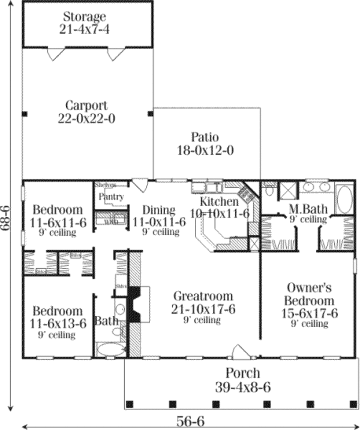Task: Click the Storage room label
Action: (87, 16)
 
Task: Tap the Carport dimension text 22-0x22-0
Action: (91, 118)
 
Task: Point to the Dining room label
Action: (158, 210)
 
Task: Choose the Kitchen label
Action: (220, 201)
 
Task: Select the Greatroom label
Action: (202, 296)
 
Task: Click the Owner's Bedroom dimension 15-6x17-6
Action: (310, 312)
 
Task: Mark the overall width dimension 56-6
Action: (191, 421)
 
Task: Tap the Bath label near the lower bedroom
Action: (106, 321)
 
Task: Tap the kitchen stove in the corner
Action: (245, 193)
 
